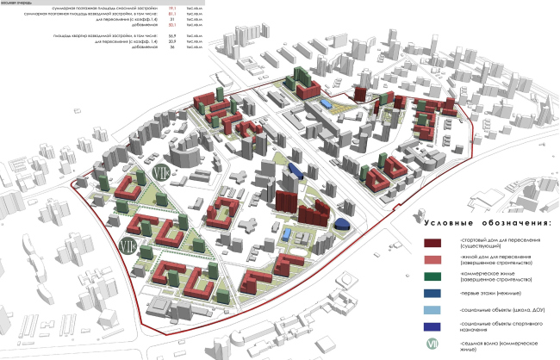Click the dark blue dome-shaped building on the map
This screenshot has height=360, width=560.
tap(342, 224)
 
